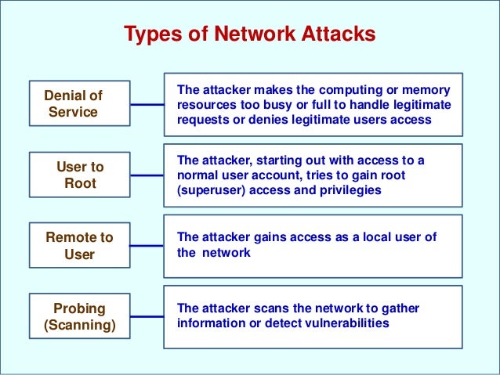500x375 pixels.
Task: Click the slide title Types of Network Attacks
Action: [250, 35]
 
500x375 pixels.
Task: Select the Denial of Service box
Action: [75, 103]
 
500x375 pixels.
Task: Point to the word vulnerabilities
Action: [349, 322]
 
